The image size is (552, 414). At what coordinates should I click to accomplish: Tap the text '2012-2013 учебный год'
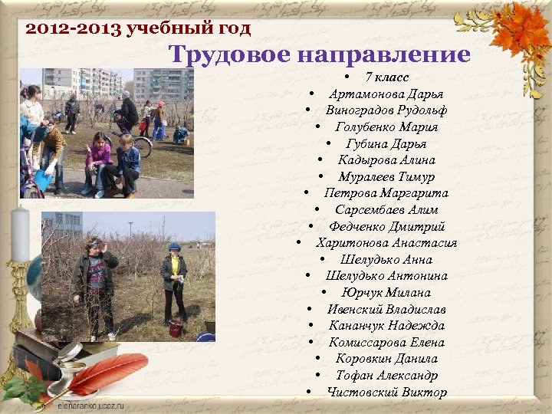(x=138, y=30)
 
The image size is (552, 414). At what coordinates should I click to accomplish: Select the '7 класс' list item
(x=386, y=77)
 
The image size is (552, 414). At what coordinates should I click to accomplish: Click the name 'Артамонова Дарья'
(x=386, y=94)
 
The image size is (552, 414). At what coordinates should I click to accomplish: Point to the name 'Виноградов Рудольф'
(x=386, y=110)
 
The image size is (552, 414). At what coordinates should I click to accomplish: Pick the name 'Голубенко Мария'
(x=386, y=127)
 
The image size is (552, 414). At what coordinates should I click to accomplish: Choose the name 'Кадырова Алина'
(x=386, y=160)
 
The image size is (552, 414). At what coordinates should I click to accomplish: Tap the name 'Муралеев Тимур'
(x=386, y=176)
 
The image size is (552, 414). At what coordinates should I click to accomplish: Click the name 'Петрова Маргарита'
(x=386, y=193)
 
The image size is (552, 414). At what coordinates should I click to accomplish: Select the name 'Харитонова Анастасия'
(x=386, y=243)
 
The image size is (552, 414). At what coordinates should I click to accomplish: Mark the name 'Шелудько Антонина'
(x=386, y=276)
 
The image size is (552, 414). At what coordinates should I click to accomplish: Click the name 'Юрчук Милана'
(x=386, y=293)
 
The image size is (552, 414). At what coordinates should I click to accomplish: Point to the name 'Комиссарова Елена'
(x=386, y=343)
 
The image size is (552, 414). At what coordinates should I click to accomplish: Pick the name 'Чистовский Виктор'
(x=386, y=393)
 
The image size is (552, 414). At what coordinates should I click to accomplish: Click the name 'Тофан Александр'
(x=386, y=376)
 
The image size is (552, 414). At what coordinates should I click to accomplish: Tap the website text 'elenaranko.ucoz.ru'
(x=90, y=406)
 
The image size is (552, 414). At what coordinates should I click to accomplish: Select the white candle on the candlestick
(x=21, y=234)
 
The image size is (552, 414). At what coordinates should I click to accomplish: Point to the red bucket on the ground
(x=176, y=328)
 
